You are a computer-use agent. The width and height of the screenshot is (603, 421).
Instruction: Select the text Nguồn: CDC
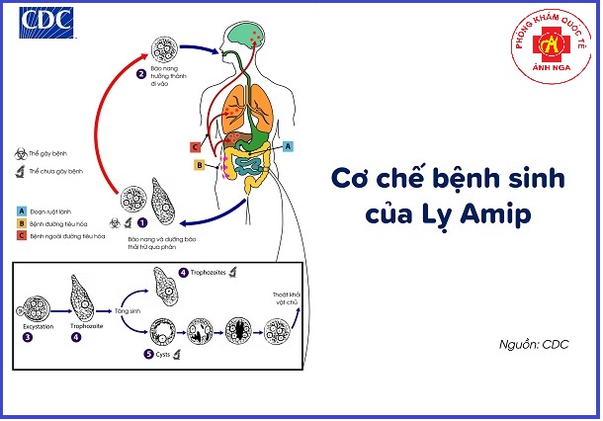pos(535,346)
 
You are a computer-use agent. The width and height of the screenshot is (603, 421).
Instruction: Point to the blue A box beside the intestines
pos(288,145)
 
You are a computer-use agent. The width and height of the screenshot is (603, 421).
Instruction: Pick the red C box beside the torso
pos(196,147)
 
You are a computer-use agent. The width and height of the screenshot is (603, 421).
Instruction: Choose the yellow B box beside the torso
pos(199,166)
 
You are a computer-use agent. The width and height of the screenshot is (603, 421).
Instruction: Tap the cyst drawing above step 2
pos(161,49)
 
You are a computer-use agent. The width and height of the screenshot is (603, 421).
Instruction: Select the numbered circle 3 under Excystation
pos(27,337)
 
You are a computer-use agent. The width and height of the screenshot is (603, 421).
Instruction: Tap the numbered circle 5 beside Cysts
pos(150,352)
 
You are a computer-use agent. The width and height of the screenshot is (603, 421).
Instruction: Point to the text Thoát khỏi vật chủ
pos(288,299)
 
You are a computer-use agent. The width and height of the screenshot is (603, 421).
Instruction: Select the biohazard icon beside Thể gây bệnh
pos(21,156)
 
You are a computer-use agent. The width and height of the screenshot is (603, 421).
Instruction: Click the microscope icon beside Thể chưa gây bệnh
pos(21,172)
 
